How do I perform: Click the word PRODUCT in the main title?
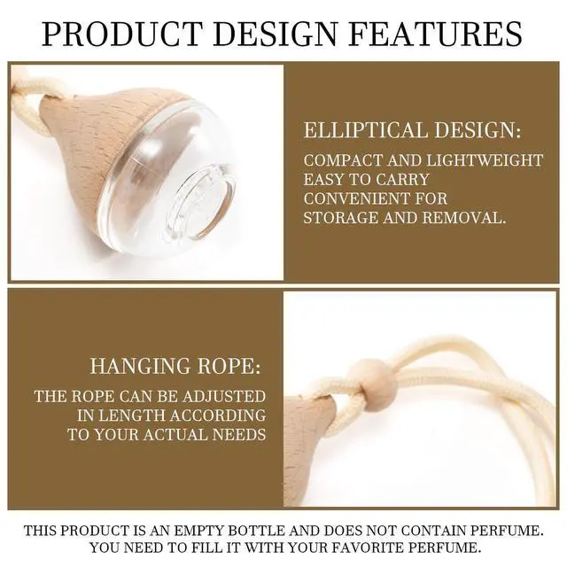(x=121, y=34)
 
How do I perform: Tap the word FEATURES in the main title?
(x=437, y=34)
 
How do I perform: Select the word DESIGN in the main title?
(x=276, y=34)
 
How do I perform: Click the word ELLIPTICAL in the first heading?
(x=366, y=130)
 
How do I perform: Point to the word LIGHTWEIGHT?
(x=485, y=160)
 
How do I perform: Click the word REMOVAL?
(x=464, y=218)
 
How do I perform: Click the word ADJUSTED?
(x=224, y=396)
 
